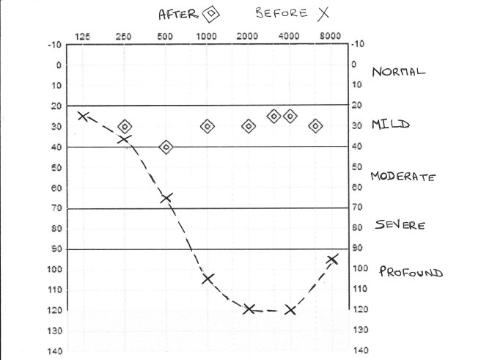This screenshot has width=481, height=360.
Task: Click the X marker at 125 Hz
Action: pos(83,116)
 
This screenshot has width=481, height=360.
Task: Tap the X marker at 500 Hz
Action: pos(166,198)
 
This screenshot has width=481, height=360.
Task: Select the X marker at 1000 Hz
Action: pos(208,279)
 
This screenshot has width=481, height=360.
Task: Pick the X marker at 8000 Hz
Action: pos(332,259)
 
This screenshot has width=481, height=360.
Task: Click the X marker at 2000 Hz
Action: pos(249,309)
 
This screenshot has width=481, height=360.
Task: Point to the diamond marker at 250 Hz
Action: pos(125,127)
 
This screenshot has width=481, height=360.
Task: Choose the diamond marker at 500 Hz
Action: pos(166,147)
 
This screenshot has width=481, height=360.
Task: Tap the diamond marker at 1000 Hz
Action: pos(208,126)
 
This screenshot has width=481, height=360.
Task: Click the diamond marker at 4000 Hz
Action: pos(290,116)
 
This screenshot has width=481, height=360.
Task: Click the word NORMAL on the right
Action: pos(398,72)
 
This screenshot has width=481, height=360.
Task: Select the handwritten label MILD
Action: pos(390,125)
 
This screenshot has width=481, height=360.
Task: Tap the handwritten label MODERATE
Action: pos(403,177)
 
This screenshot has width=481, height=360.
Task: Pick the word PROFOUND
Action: pos(411,273)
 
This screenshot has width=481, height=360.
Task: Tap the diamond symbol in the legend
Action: pos(211,13)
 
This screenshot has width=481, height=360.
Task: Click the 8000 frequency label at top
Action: pos(331,36)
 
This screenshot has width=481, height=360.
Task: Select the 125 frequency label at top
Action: pos(83,36)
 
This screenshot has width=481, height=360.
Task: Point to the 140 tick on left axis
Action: pos(55,351)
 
